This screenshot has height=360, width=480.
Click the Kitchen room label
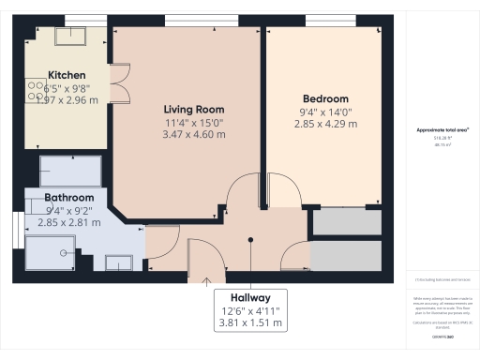point(67,75)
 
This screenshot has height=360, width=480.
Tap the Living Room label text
point(194,109)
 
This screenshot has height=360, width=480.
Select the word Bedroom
point(325,98)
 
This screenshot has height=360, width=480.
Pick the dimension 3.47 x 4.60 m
point(194,135)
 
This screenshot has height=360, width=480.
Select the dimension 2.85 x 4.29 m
point(325,125)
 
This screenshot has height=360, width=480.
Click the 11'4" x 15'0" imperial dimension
point(194,122)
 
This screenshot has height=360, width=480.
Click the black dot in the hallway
point(250,240)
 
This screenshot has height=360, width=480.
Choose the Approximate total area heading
point(442,130)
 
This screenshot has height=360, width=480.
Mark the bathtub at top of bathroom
point(70,171)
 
